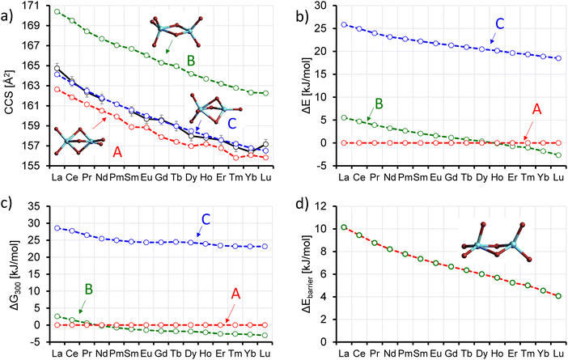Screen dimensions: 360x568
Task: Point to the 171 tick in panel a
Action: click(x=38, y=6)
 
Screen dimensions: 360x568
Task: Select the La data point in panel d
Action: click(x=345, y=227)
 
